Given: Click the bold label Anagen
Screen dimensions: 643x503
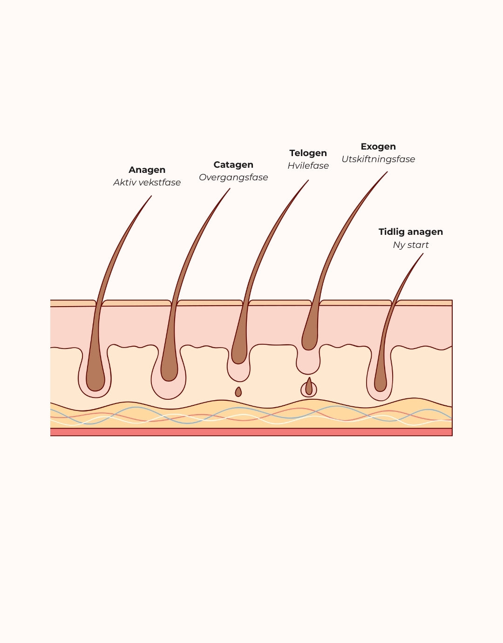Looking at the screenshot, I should click(x=147, y=170).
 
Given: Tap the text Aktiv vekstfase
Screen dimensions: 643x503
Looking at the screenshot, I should click(x=147, y=183).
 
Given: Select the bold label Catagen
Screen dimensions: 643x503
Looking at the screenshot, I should click(x=233, y=165).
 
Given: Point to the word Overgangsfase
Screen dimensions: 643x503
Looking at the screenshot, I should click(x=233, y=178).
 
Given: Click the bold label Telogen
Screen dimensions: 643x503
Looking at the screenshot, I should click(x=308, y=153).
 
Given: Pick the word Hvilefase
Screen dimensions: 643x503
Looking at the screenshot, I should click(x=308, y=166).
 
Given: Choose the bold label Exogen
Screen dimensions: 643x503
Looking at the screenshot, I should click(x=378, y=147).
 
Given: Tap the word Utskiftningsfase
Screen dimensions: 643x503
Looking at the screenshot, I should click(x=378, y=159).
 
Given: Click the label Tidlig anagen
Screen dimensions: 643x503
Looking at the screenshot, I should click(x=410, y=232).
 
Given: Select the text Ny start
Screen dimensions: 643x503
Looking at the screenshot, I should click(x=410, y=245).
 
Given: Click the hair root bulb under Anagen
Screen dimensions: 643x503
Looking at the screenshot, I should click(x=95, y=380).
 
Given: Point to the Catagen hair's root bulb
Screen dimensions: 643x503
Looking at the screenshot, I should click(x=169, y=370).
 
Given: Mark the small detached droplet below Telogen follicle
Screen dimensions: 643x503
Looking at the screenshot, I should click(x=238, y=392).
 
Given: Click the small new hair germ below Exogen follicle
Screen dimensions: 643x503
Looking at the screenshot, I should click(x=309, y=388).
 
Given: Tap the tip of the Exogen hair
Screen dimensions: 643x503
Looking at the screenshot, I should click(x=387, y=172).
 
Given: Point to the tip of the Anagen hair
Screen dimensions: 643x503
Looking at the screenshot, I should click(x=151, y=196).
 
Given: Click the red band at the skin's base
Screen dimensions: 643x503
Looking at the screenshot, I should click(x=251, y=432).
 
